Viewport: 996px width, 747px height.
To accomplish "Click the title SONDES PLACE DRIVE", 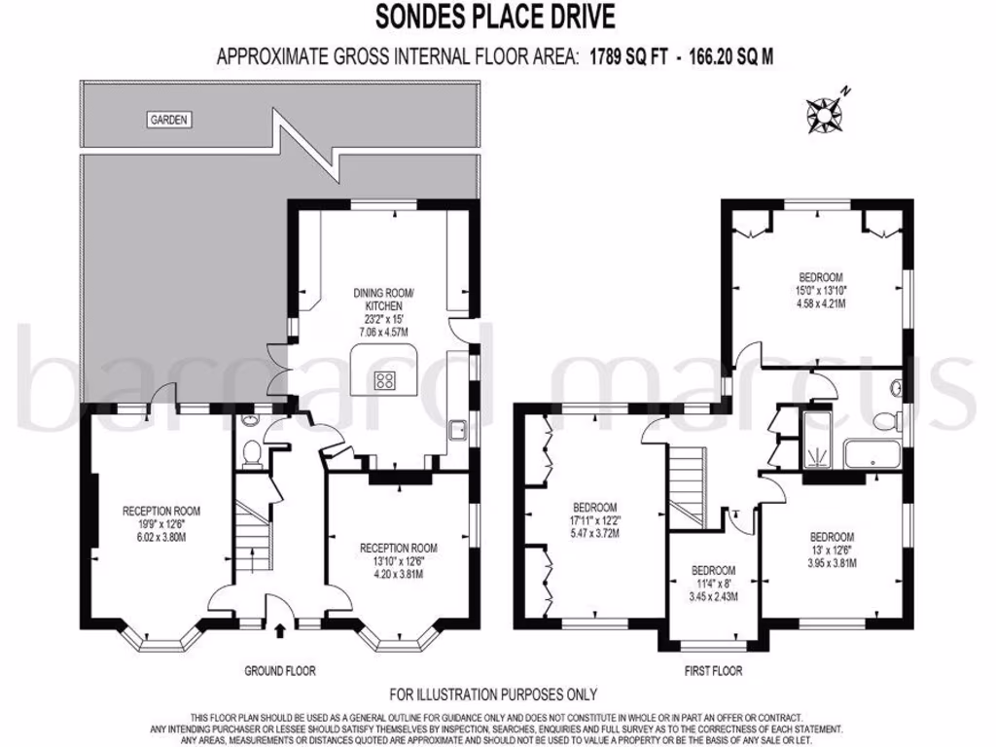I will pos(495,18).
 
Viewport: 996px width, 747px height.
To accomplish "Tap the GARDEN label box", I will pos(169,121).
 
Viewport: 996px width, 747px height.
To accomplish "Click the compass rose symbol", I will pos(828,113).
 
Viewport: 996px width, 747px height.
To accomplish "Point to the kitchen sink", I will pos(457,432).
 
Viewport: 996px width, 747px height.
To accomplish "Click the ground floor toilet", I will pos(250,452).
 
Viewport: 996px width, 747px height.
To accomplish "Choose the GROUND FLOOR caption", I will pos(280,670).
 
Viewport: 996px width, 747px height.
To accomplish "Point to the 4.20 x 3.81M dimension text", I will pos(399,574).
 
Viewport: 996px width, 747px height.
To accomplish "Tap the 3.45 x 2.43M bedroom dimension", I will pos(713,595).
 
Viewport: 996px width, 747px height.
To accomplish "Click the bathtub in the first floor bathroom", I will pos(871,455).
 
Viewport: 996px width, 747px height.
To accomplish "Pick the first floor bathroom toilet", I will pos(885,421).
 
